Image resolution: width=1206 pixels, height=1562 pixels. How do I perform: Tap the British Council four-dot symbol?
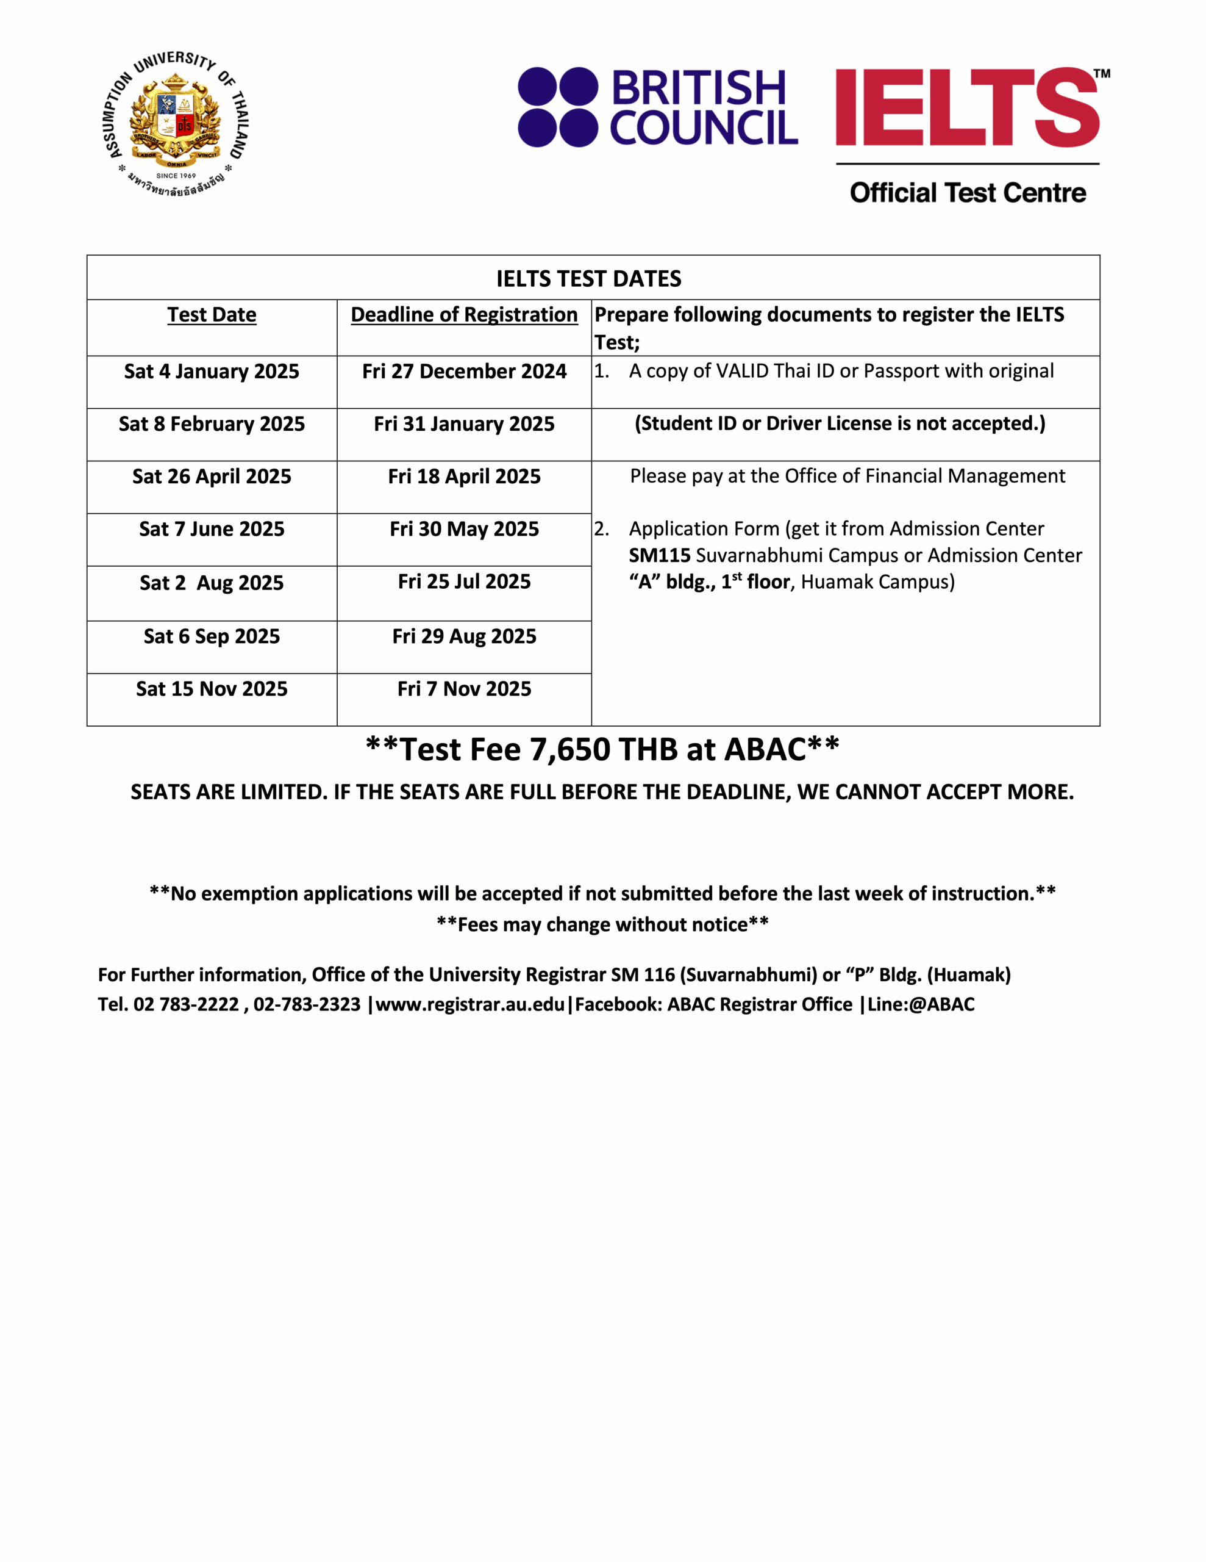click(558, 107)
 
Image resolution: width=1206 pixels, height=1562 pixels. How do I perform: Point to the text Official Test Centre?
click(967, 193)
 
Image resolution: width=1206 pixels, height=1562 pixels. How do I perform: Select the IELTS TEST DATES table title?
click(588, 278)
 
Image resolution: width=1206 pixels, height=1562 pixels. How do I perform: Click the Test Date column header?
click(212, 315)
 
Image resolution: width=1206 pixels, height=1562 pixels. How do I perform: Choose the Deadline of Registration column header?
click(464, 315)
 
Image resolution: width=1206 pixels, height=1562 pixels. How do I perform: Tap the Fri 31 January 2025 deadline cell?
click(464, 424)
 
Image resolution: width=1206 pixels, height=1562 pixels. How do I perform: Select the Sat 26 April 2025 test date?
click(212, 477)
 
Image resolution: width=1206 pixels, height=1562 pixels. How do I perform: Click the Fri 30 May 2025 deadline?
click(464, 529)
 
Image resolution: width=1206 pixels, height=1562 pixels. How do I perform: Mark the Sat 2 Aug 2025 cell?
click(212, 583)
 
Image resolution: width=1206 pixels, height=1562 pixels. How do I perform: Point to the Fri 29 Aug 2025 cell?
click(464, 636)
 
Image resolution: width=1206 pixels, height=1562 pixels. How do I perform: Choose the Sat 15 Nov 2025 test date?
click(212, 689)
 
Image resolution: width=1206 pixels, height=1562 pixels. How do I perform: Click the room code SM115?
click(659, 556)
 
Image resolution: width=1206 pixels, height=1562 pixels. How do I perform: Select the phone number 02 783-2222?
click(186, 1005)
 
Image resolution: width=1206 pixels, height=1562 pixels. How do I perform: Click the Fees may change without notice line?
click(602, 925)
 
